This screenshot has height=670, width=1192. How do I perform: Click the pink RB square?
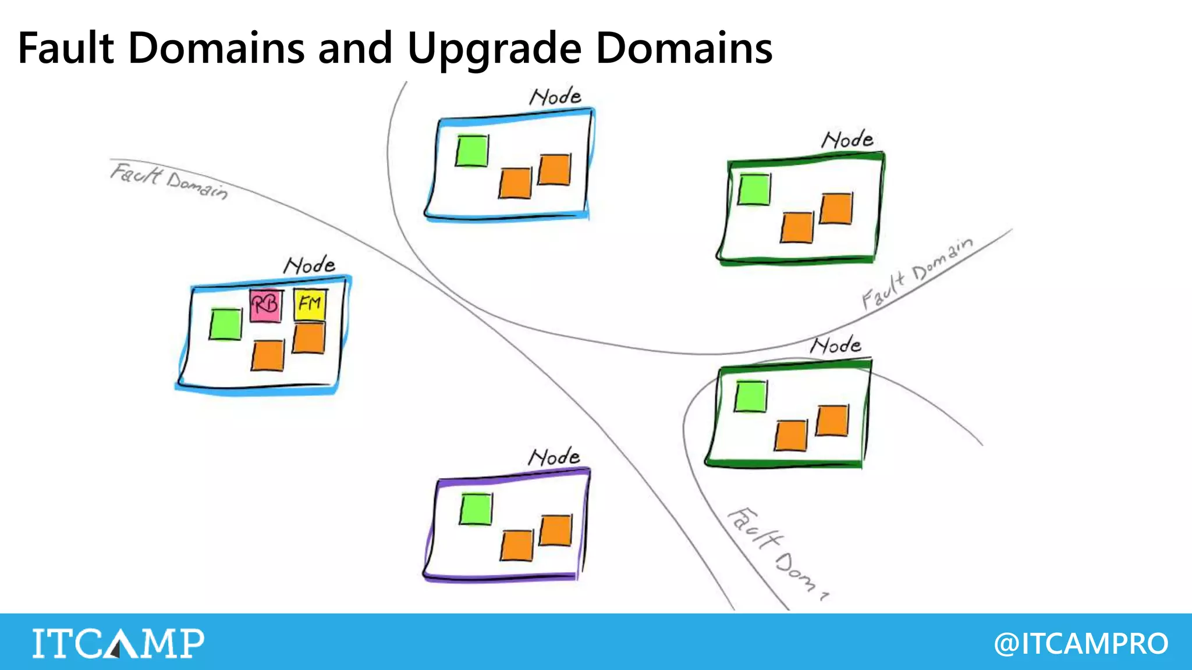tap(265, 305)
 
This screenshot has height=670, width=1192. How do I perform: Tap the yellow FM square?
tap(310, 304)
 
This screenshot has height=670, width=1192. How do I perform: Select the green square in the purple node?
tap(476, 509)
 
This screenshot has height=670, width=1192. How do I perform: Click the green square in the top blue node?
tap(471, 151)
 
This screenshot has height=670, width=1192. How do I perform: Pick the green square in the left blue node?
tap(225, 324)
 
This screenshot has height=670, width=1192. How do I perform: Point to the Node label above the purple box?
tap(554, 457)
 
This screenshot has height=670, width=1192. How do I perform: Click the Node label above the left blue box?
tap(309, 266)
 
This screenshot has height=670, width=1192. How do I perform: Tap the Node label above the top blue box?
tap(555, 97)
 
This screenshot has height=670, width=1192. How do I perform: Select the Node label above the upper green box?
tap(847, 140)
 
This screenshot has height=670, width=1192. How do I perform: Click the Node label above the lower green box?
tap(836, 345)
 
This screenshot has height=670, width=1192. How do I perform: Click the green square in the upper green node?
tap(754, 189)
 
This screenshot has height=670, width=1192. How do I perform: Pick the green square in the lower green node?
tap(750, 396)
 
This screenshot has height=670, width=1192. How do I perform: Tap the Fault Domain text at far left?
tap(169, 181)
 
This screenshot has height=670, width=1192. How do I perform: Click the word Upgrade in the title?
tap(494, 48)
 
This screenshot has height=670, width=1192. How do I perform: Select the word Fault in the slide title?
tap(66, 48)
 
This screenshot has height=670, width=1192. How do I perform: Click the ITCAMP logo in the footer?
tap(118, 643)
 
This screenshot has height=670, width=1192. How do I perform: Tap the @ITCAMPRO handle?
tap(1081, 643)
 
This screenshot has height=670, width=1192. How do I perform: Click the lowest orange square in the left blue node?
tap(268, 355)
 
